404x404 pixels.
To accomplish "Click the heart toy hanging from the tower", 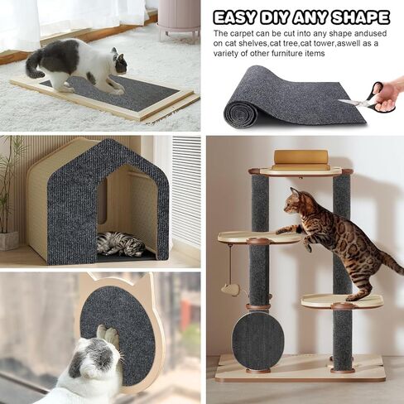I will click(233, 289).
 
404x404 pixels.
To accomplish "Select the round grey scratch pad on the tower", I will click(258, 339).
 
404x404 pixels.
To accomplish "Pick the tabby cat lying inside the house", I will click(119, 243).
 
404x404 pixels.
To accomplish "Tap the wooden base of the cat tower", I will click(298, 370).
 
